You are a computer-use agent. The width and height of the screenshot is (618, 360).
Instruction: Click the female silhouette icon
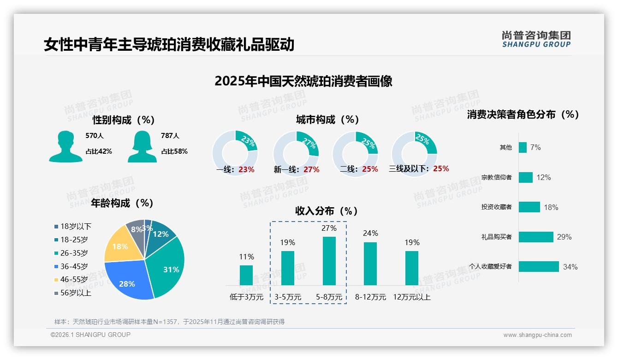pyautogui.click(x=142, y=147)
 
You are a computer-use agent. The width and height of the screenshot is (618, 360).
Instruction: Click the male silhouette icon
pyautogui.click(x=65, y=147)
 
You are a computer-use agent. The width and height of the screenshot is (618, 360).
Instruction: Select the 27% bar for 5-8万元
pyautogui.click(x=329, y=261)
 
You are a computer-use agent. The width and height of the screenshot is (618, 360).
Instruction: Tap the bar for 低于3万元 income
pyautogui.click(x=246, y=275)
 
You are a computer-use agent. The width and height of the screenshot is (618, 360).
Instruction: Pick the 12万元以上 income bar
pyautogui.click(x=412, y=268)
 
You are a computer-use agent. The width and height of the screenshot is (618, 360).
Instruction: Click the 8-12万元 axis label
pyautogui.click(x=370, y=297)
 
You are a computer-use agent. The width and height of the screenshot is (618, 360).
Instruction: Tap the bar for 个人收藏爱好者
pyautogui.click(x=539, y=266)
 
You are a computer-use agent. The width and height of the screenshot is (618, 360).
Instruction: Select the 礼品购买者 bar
pyautogui.click(x=536, y=237)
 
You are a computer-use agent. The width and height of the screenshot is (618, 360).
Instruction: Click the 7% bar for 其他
pyautogui.click(x=523, y=147)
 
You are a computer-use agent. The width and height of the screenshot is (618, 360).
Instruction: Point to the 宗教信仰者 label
pyautogui.click(x=496, y=177)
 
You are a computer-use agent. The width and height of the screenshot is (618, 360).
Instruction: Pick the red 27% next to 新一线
pyautogui.click(x=311, y=169)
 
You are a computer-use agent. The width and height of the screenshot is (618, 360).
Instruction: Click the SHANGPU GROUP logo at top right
pyautogui.click(x=536, y=39)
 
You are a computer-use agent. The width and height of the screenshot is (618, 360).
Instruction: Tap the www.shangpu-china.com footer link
pyautogui.click(x=537, y=335)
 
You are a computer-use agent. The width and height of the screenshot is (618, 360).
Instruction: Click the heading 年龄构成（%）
pyautogui.click(x=122, y=203)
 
